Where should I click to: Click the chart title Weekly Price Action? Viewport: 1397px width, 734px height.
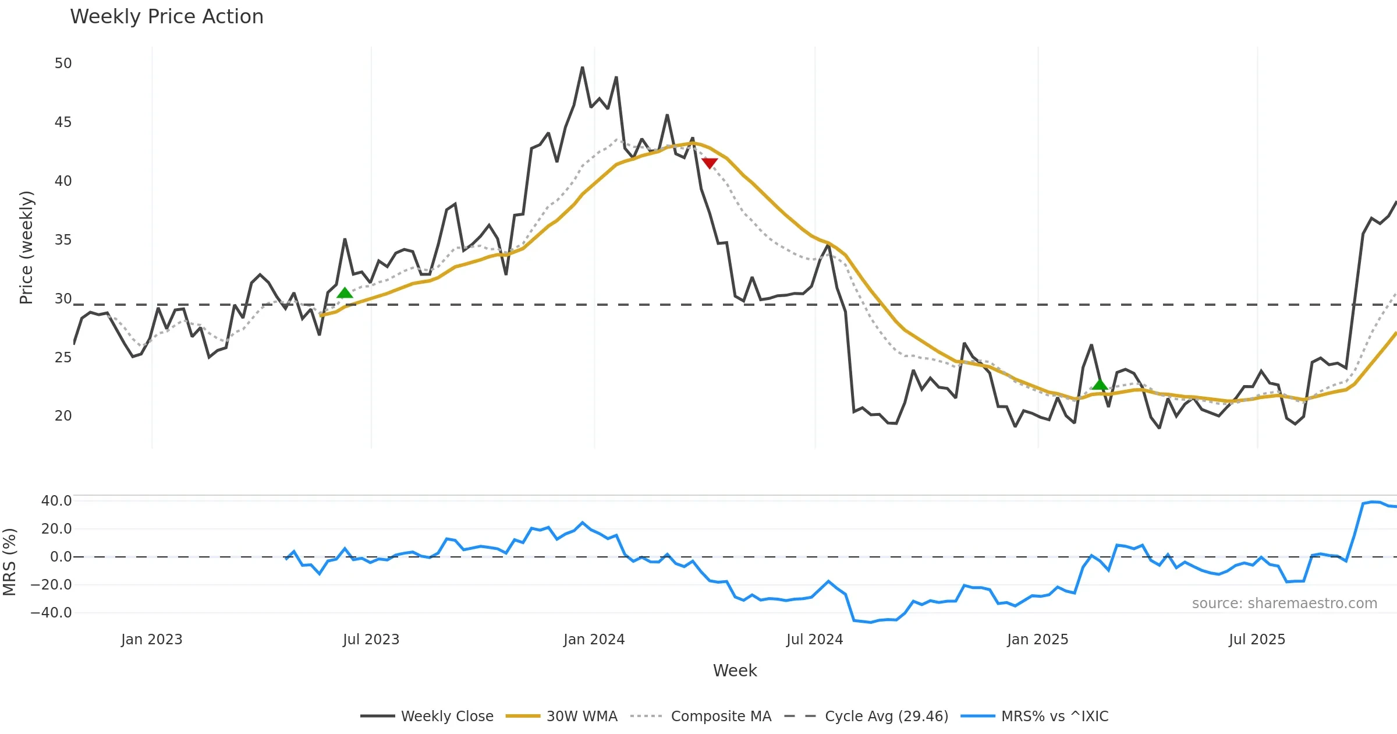[x=166, y=17]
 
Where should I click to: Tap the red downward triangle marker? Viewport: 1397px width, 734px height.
[x=709, y=163]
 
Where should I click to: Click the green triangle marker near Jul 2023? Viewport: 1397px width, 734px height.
[x=345, y=292]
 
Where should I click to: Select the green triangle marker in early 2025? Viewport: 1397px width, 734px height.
[x=1100, y=384]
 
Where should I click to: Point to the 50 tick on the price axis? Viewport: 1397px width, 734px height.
[x=63, y=63]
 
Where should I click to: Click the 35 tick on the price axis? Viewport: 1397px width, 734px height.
[x=63, y=240]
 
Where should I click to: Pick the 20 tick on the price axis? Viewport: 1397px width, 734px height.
[x=63, y=416]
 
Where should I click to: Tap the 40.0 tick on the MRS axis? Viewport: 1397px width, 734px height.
[x=56, y=501]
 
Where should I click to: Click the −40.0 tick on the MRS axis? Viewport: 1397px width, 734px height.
[x=51, y=613]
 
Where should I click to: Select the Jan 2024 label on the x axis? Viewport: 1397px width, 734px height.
[x=594, y=640]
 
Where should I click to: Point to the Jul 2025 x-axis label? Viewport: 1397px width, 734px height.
[x=1257, y=640]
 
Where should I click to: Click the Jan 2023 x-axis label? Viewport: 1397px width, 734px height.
[x=152, y=640]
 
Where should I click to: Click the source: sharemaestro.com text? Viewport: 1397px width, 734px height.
[x=1284, y=604]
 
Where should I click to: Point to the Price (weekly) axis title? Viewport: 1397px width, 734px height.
[x=26, y=248]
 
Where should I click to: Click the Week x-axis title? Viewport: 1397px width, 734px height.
[x=735, y=671]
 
